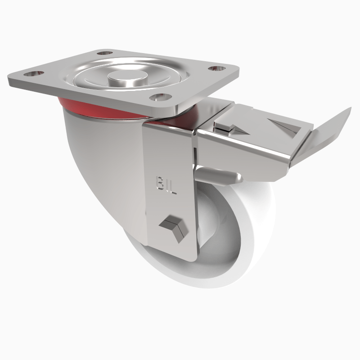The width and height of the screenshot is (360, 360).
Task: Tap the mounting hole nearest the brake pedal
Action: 217,69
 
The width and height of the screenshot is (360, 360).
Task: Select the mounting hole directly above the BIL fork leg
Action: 161,97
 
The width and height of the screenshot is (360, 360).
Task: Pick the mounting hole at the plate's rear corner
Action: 105,54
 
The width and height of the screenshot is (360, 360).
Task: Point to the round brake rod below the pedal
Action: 216,175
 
